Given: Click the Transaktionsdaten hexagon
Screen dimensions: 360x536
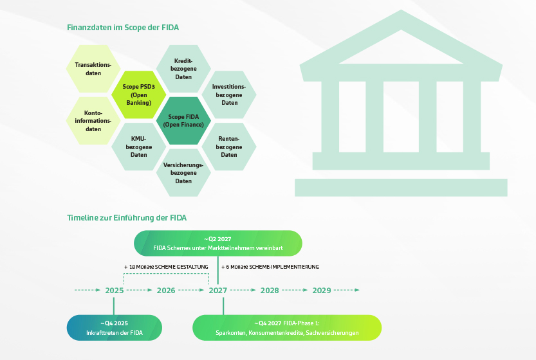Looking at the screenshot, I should point(93,69).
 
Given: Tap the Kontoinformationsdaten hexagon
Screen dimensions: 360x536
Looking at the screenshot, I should point(93,120).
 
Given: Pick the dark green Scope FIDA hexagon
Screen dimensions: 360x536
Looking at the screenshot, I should point(183,120).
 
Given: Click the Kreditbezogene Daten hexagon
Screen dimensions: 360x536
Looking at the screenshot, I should point(183,69).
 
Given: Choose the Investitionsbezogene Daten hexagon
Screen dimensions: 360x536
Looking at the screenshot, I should point(229,94).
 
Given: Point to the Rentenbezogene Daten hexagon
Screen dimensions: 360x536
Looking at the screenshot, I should point(229,146).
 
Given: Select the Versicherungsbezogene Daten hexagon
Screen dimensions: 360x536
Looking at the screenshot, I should point(183,172).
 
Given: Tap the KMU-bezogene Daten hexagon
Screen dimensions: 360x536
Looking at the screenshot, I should point(138,146).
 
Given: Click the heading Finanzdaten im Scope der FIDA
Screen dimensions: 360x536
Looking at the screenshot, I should point(123,28).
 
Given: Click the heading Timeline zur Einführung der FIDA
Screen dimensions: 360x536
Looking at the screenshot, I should point(127,218).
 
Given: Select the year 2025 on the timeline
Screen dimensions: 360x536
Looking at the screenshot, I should point(115,291).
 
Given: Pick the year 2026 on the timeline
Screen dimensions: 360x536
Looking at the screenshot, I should point(166,291).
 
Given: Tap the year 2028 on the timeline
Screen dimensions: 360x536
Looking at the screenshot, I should point(270,291).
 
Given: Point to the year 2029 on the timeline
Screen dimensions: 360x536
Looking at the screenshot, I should point(321,291).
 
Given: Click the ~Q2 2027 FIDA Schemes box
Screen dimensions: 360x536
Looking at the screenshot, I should point(218,243).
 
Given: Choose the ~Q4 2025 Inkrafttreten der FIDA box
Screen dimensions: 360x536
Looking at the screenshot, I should point(115,327).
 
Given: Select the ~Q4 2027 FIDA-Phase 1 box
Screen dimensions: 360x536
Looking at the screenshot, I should point(287,327).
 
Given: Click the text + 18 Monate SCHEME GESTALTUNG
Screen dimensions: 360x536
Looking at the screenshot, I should point(167,266).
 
